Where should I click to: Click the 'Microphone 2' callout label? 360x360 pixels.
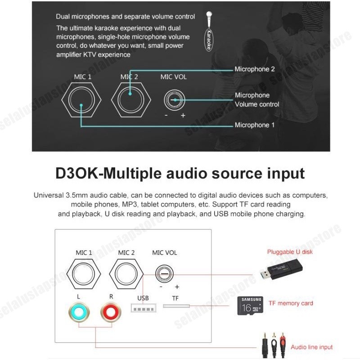pos(254,69)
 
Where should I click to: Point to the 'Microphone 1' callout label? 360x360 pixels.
pos(254,125)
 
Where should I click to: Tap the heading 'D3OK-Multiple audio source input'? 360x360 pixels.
pos(180,173)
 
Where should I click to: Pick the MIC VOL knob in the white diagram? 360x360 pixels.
pos(164,274)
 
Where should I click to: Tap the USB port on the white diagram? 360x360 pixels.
pos(142,308)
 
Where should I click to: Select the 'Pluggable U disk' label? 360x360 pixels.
pos(290,252)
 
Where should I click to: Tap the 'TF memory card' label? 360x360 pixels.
pos(290,303)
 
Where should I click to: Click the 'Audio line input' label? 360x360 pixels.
pos(311,347)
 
